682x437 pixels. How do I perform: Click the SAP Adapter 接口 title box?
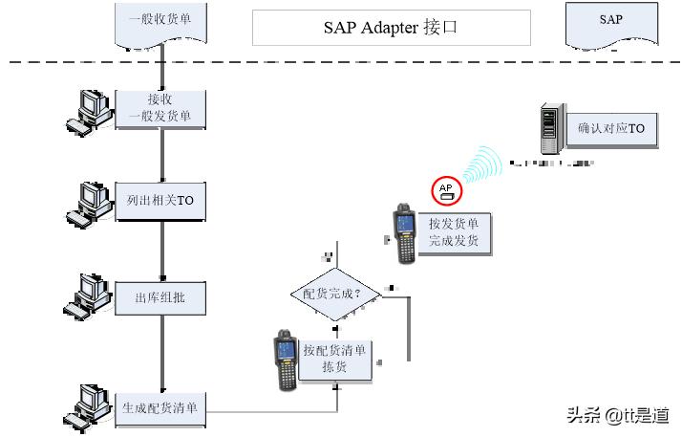pyautogui.click(x=391, y=28)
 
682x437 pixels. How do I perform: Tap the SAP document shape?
pyautogui.click(x=610, y=22)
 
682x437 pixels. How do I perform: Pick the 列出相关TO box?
pyautogui.click(x=160, y=201)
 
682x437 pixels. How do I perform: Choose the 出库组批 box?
pyautogui.click(x=160, y=297)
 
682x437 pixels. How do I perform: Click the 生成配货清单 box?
pyautogui.click(x=160, y=408)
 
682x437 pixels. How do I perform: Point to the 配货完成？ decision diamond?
pyautogui.click(x=332, y=294)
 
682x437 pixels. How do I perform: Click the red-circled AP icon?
pyautogui.click(x=446, y=190)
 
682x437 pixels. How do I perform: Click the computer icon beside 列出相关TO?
pyautogui.click(x=90, y=203)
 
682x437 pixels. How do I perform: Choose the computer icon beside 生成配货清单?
pyautogui.click(x=90, y=405)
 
